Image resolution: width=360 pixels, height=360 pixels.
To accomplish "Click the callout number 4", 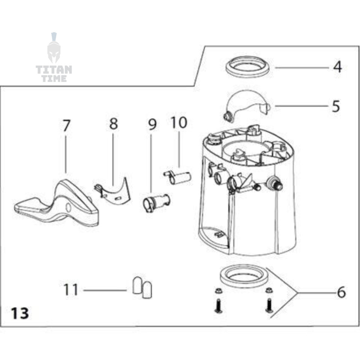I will coord(337,67).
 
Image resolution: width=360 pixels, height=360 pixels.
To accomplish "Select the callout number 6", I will coord(340,292).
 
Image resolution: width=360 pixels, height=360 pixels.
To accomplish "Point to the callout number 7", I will coord(66,126).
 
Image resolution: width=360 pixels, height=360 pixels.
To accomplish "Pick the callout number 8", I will coord(113,123).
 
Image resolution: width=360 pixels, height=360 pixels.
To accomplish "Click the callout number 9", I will coord(151,124).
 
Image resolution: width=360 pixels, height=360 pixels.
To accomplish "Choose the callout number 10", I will coord(179,122).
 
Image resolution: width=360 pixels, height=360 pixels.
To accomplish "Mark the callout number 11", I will coord(71,290).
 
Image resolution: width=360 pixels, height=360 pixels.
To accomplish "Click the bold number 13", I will coord(20,313).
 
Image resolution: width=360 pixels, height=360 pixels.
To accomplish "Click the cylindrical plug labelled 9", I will coord(155,202).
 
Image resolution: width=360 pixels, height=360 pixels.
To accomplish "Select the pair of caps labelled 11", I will coord(142,288).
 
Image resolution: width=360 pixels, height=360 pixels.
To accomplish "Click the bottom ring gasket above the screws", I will coord(243,276).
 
